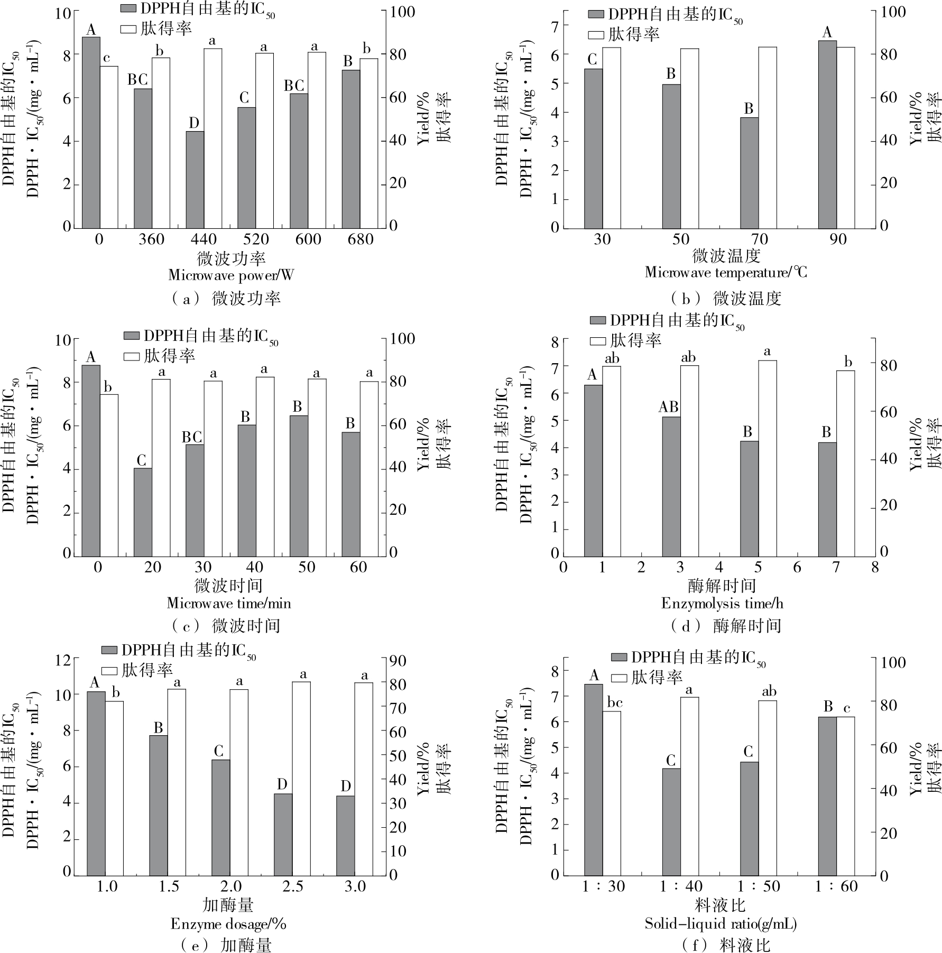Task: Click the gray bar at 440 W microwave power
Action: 195,180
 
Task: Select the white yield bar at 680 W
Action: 369,143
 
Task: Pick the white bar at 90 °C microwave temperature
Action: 846,137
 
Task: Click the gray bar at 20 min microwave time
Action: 143,512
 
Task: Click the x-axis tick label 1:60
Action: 836,886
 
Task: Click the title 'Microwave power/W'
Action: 231,275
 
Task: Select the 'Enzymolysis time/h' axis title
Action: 722,603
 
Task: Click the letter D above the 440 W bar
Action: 194,123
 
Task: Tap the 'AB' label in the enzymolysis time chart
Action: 668,407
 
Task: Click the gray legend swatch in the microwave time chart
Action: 132,336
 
